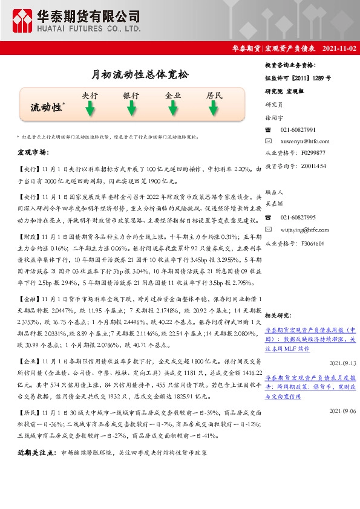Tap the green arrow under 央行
click(90, 108)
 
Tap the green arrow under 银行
click(131, 108)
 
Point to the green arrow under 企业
click(173, 108)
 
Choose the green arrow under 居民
click(214, 108)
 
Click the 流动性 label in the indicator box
click(47, 107)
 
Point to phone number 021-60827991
click(298, 130)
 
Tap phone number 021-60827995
click(298, 217)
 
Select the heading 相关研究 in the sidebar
click(279, 315)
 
